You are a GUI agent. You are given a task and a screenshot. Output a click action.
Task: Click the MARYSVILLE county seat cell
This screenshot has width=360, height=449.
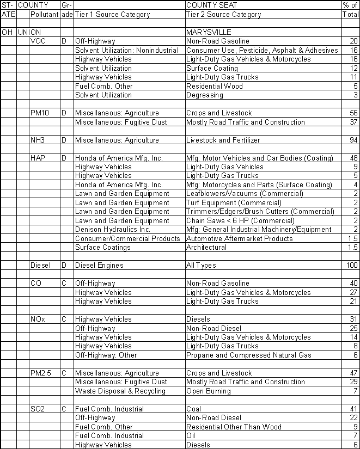[209, 32]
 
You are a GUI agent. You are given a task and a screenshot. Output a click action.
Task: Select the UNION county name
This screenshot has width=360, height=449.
[29, 32]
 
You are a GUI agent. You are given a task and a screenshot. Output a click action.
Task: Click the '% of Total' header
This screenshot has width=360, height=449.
[350, 10]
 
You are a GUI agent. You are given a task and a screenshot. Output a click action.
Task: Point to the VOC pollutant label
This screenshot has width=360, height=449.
[38, 41]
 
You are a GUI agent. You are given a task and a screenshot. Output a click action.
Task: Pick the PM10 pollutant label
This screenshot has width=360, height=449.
[40, 113]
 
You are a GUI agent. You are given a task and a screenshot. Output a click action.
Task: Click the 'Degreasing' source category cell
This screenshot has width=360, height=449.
[204, 95]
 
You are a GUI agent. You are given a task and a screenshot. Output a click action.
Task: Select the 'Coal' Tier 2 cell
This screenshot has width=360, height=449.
[193, 409]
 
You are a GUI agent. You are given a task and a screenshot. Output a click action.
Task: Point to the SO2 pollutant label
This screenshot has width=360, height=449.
[39, 409]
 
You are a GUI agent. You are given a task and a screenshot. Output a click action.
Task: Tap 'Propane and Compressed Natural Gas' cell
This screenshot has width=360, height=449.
[248, 355]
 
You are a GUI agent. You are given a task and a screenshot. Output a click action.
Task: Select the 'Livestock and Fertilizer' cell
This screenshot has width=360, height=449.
[223, 140]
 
